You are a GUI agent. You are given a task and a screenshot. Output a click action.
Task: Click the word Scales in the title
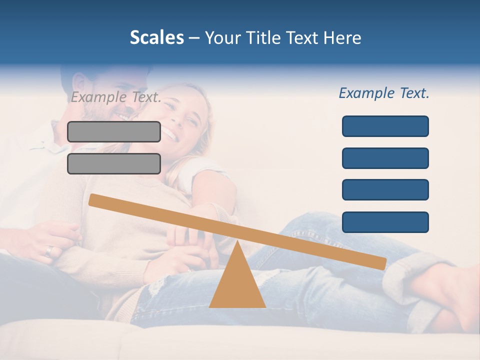[x=156, y=37]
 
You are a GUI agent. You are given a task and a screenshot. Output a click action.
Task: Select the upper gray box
[x=114, y=131]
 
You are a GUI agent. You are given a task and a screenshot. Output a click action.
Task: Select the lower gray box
[x=114, y=163]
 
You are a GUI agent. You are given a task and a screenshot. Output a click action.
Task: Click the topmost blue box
[x=385, y=126]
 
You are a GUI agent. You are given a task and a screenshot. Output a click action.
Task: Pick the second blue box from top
[x=385, y=158]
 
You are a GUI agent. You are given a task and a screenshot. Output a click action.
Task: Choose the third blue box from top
[x=385, y=190]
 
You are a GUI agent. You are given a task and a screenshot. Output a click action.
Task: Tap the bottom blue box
[x=385, y=222]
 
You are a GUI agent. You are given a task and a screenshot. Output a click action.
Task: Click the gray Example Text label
[x=116, y=97]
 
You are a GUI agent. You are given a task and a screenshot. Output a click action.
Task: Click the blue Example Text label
[x=384, y=93]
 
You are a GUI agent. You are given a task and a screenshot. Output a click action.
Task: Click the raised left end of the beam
[x=93, y=199]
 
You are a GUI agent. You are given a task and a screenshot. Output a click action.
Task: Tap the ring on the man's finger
[x=48, y=251]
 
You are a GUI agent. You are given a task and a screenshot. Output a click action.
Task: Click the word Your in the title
[x=222, y=37]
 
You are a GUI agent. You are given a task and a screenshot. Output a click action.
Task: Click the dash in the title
[x=194, y=37]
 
